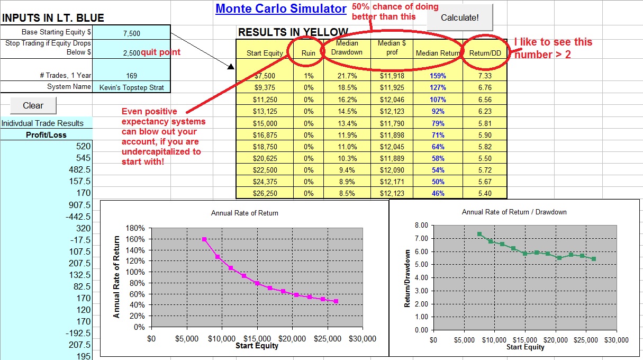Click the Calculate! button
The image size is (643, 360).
pos(459,18)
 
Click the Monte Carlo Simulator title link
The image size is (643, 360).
pos(280,8)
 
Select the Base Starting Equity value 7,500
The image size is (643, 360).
pos(131,33)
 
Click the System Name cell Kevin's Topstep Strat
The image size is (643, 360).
pos(131,87)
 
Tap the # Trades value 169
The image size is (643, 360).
pos(131,76)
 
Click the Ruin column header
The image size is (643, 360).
pos(309,53)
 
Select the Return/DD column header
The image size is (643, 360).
pos(485,53)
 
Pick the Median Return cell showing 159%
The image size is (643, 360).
pos(438,76)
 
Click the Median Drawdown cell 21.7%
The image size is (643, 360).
pos(347,76)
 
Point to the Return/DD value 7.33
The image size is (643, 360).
pos(485,76)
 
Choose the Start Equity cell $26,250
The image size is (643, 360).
pos(265,193)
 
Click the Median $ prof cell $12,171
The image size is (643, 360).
pos(392,182)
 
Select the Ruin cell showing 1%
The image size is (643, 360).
pos(309,76)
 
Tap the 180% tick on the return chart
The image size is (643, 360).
pos(135,228)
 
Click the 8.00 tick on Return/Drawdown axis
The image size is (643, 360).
pos(421,226)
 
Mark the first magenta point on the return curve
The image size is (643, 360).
pos(204,239)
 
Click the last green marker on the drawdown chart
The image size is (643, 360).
pos(594,259)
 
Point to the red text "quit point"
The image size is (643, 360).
pos(160,52)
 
